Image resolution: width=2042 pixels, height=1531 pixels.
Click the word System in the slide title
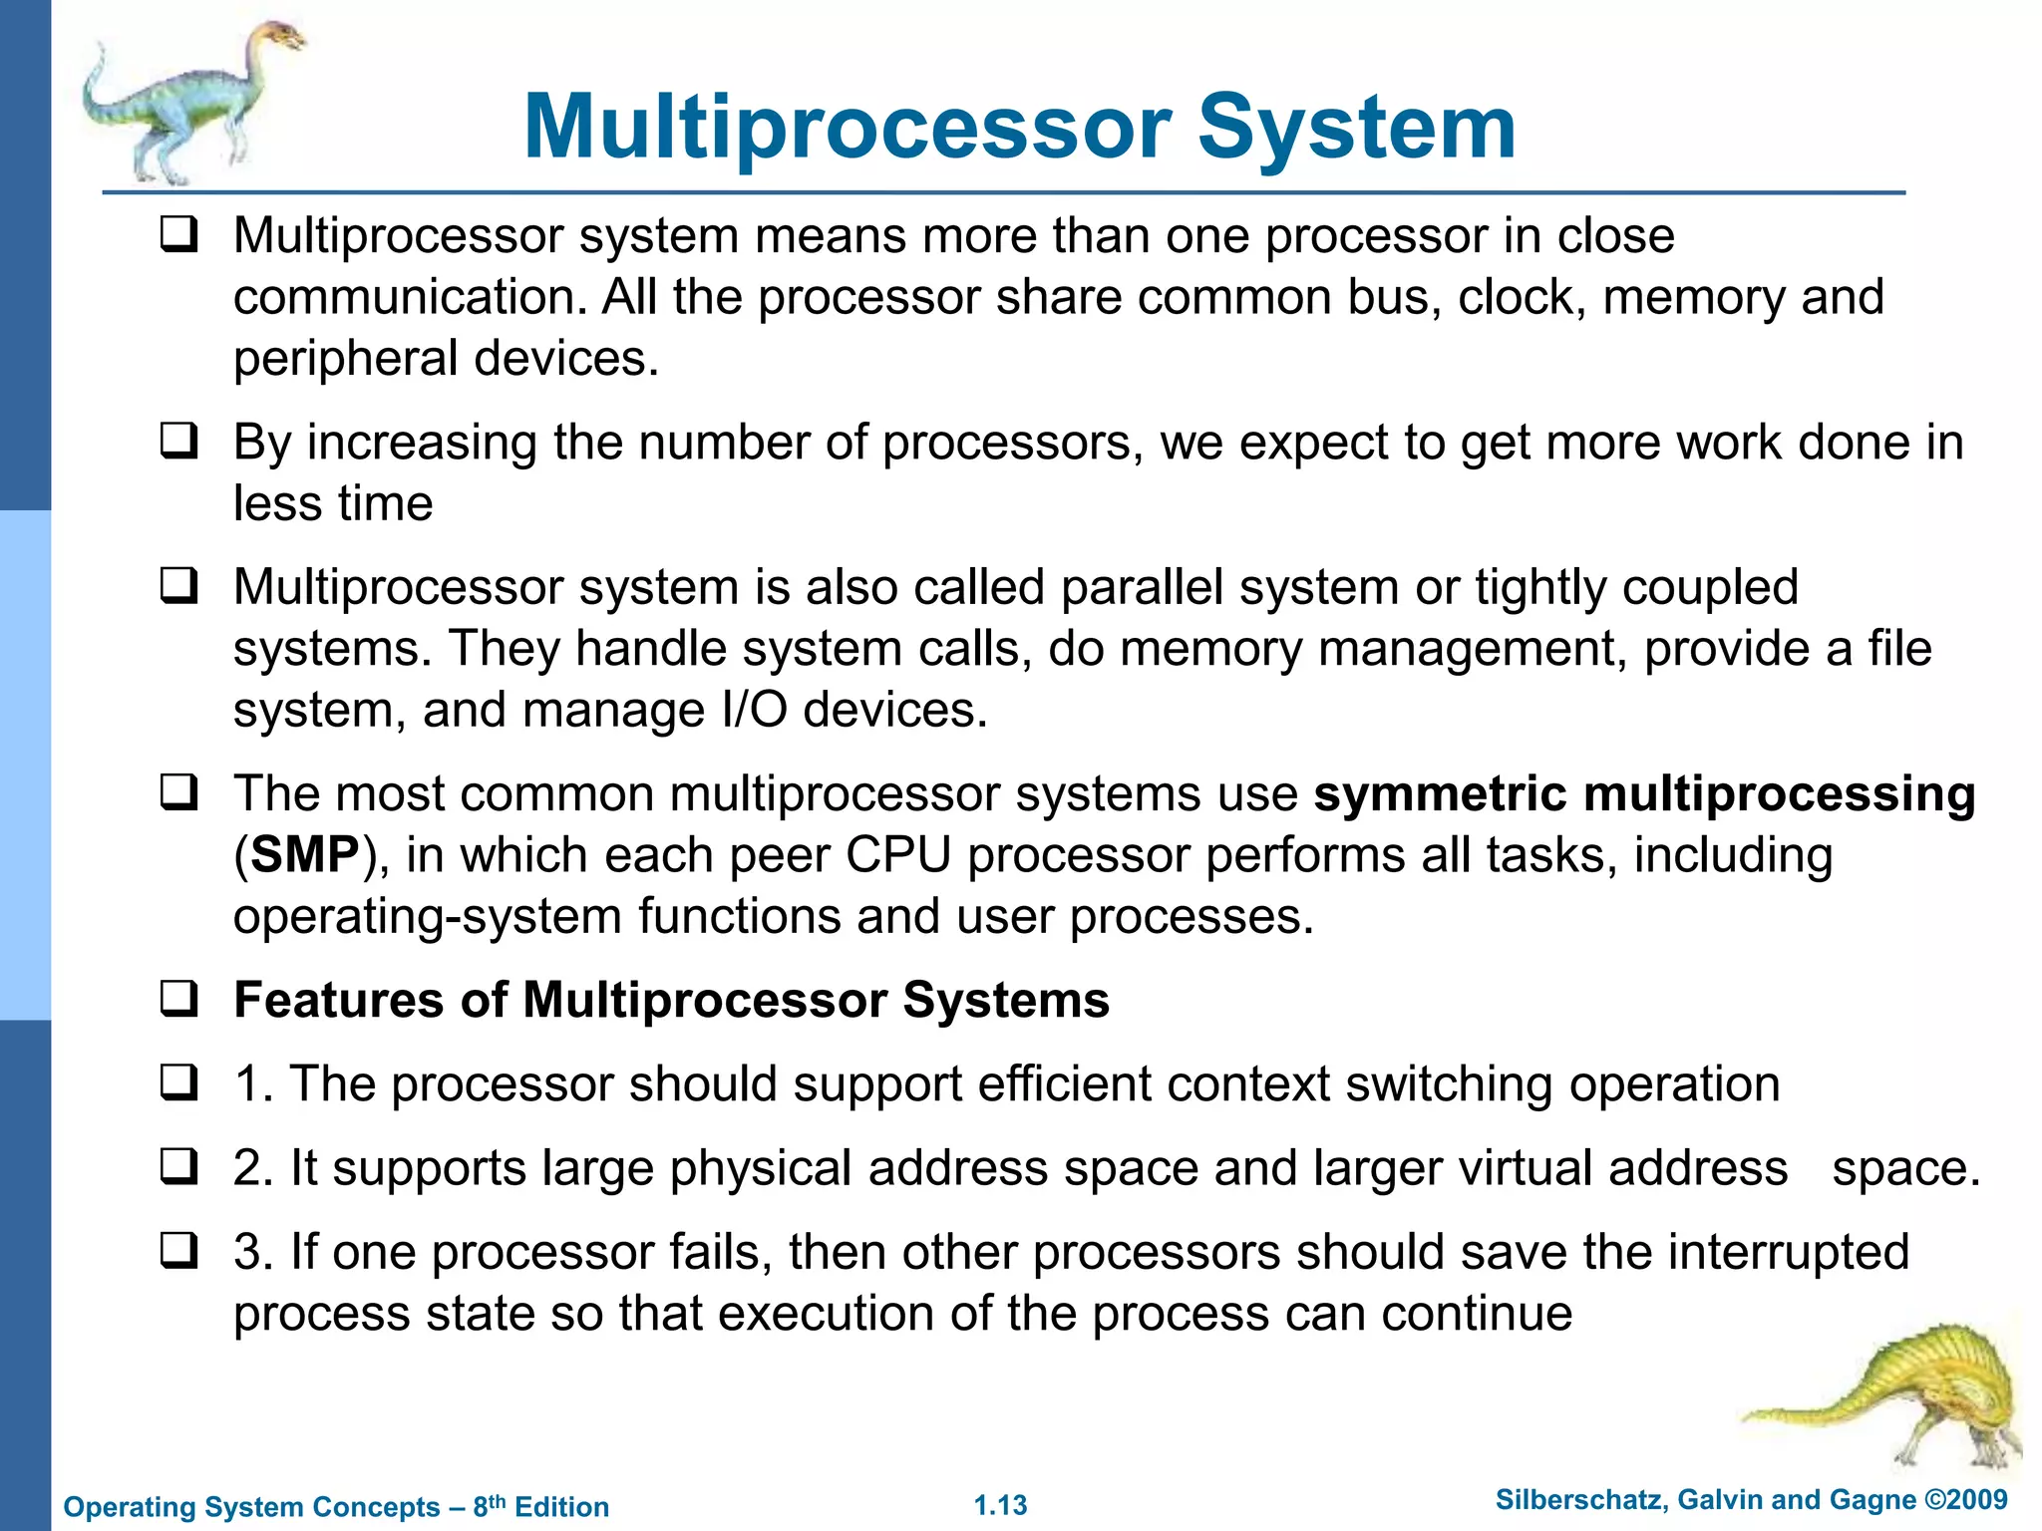point(1356,128)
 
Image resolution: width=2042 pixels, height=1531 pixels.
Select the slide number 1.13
point(1000,1505)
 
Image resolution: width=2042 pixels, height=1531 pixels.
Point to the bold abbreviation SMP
point(305,855)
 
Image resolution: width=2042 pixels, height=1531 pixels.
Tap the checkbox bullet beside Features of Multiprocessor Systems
point(179,999)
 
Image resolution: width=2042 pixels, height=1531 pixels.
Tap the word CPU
point(897,855)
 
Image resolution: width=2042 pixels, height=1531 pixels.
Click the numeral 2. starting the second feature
point(253,1168)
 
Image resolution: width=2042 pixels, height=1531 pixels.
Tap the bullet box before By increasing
point(179,442)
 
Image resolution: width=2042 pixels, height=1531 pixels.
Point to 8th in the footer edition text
point(489,1505)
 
